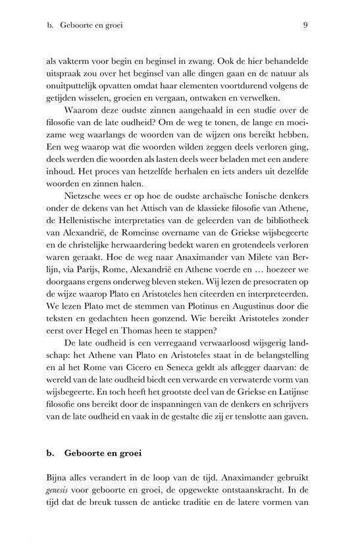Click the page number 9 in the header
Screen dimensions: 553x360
coord(307,26)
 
